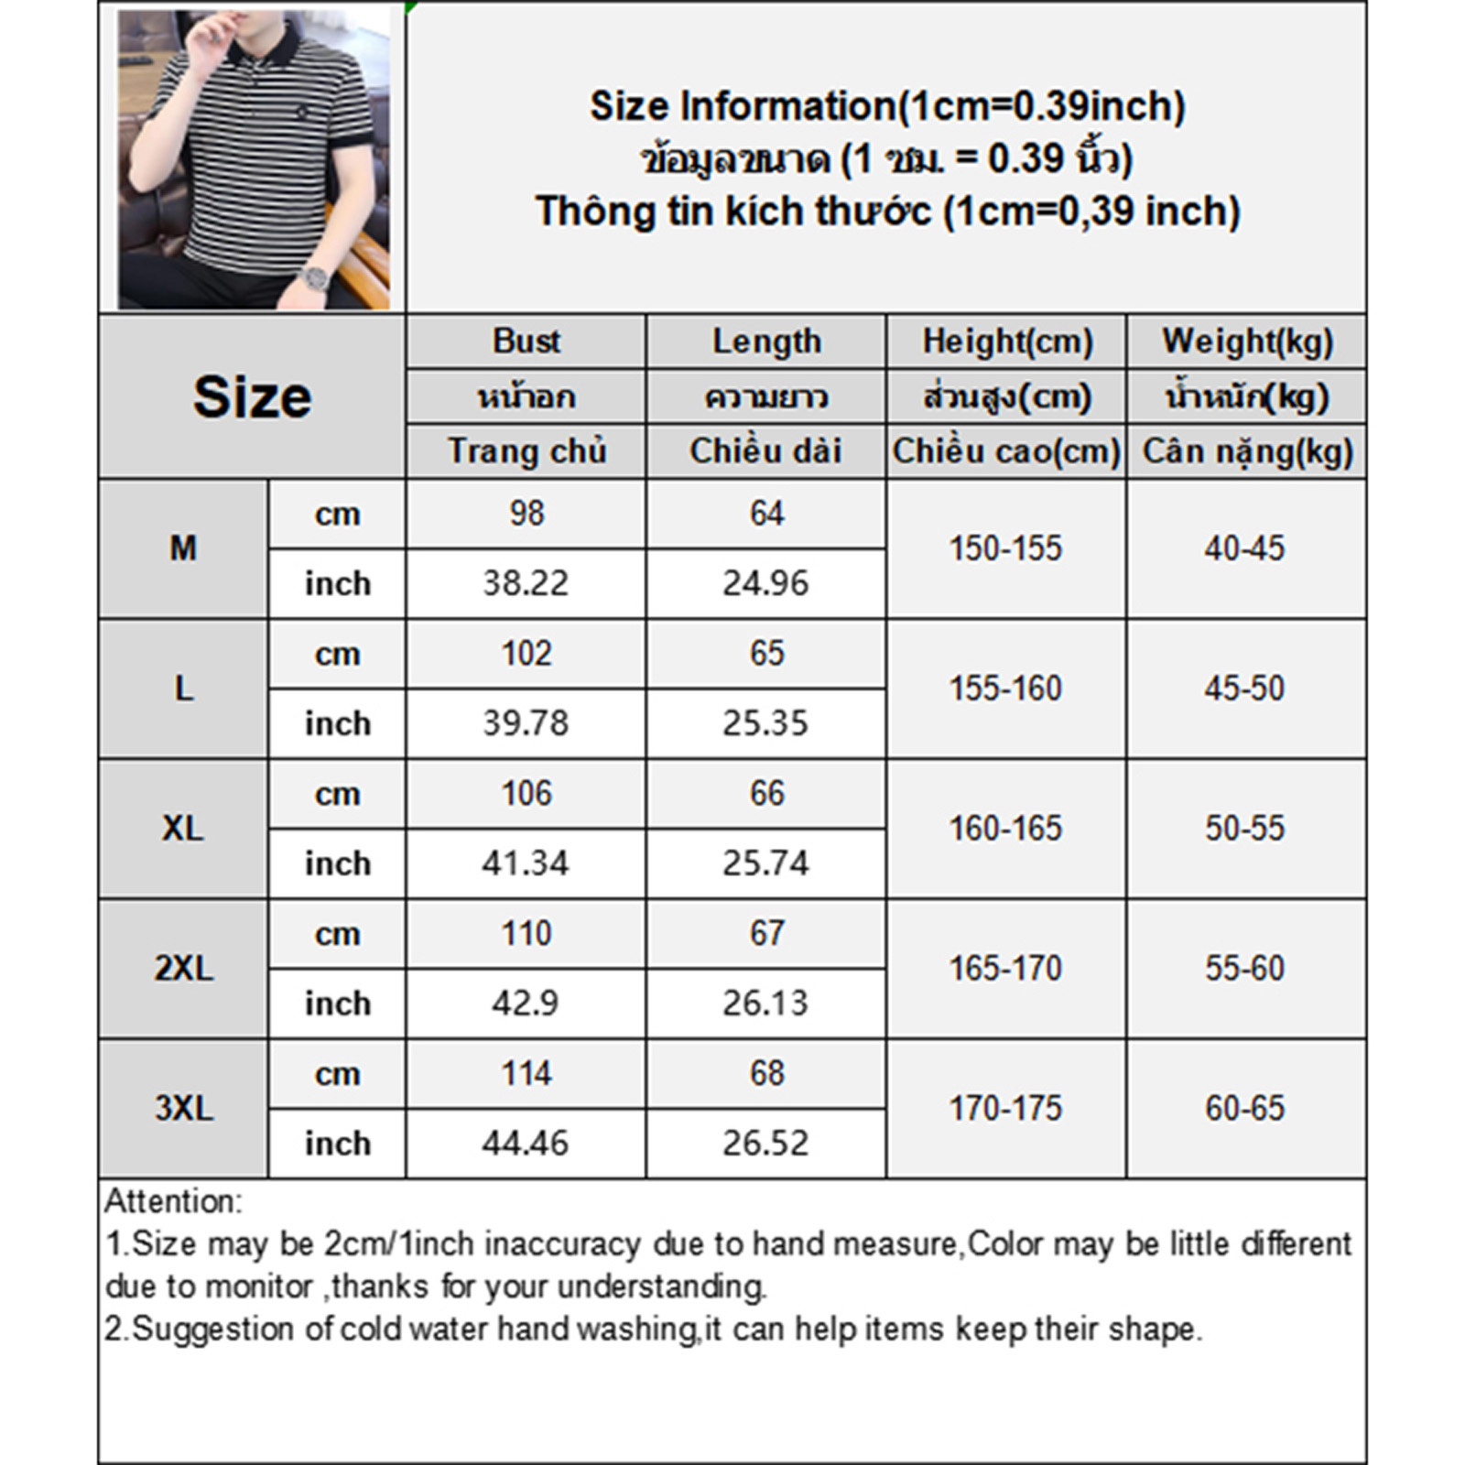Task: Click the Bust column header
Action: (x=526, y=342)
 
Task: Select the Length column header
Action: (x=766, y=342)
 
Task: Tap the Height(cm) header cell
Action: (x=1006, y=342)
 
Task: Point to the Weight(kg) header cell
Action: (x=1246, y=342)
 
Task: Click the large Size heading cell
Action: (x=252, y=396)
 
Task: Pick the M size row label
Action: (x=183, y=548)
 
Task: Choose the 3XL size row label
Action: (x=183, y=1108)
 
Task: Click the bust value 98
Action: (x=526, y=514)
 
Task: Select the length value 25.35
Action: (x=765, y=723)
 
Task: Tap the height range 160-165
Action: (x=1005, y=829)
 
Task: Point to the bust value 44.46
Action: (x=526, y=1144)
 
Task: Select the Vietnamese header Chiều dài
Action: (x=765, y=451)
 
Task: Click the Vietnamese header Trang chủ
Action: (x=526, y=451)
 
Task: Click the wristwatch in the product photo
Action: (x=316, y=276)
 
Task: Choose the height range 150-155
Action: (x=1005, y=548)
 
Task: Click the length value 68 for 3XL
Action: (x=766, y=1073)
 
